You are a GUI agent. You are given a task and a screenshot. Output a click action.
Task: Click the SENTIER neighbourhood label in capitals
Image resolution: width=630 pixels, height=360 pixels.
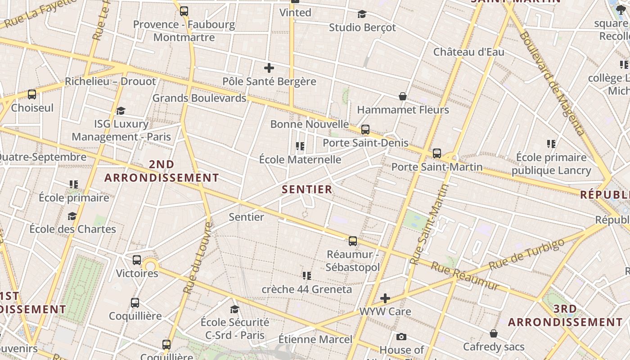307,189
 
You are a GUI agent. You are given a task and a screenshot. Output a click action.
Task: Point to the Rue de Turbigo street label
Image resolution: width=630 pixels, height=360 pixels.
526,254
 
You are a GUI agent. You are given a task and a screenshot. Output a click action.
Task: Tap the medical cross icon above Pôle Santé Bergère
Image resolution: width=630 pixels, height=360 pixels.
269,68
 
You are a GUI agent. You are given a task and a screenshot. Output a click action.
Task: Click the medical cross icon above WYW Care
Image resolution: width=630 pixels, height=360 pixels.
385,298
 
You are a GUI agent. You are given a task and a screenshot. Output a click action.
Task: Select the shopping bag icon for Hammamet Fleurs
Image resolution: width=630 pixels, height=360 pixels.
403,96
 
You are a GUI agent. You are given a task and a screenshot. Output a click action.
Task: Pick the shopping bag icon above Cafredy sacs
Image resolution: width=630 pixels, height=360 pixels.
494,333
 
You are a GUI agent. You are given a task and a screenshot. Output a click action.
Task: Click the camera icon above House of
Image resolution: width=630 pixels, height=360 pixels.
401,337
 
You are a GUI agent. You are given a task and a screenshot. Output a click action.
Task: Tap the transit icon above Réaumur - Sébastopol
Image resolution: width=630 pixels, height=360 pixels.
353,241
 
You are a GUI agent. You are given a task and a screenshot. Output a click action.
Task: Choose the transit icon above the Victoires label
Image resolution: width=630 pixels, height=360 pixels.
137,260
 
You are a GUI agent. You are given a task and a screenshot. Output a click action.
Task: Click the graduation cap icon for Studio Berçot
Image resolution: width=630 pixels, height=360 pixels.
362,14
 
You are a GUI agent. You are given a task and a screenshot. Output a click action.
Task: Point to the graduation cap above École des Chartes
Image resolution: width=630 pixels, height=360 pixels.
72,216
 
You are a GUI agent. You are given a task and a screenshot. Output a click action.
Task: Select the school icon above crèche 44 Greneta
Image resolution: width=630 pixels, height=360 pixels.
307,275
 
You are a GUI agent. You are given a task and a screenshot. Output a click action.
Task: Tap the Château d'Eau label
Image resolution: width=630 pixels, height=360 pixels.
468,52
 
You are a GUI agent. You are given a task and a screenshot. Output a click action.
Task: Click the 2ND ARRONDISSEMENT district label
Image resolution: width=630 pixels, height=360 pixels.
162,171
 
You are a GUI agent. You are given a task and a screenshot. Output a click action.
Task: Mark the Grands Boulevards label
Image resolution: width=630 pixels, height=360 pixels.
199,98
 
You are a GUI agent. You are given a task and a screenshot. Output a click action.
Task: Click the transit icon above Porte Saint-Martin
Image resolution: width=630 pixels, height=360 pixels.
436,153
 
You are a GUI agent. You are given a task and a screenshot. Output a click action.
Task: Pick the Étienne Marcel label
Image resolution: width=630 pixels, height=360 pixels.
315,339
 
